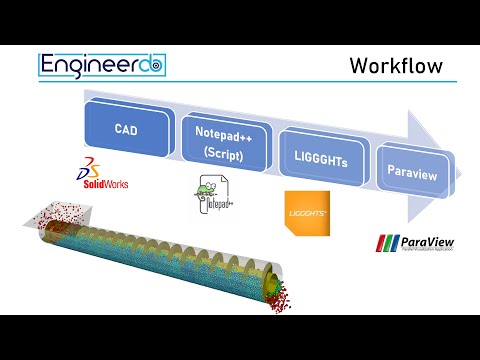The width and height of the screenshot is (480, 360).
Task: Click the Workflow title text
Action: point(395,66)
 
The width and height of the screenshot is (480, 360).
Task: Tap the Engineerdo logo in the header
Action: point(102,65)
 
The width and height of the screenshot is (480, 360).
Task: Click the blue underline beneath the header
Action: point(240,84)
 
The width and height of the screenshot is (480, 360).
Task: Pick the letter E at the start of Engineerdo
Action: point(49,65)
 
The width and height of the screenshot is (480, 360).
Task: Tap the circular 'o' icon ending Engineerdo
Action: point(156,66)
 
